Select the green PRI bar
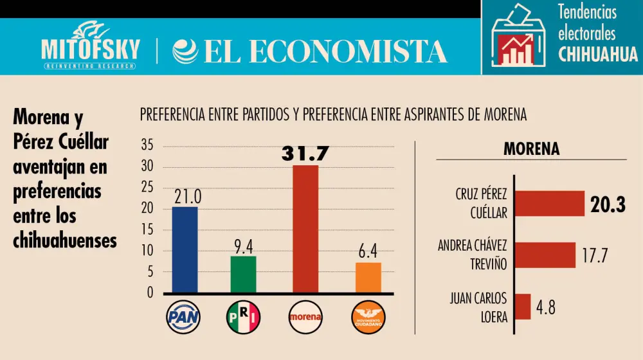point(242,274)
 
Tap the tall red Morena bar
point(305,229)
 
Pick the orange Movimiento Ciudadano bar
point(368,278)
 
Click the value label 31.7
point(305,154)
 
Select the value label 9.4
point(243,246)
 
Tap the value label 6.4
point(368,251)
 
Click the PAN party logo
point(183,316)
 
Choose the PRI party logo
point(243,316)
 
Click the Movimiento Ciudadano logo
point(368,316)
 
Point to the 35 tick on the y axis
point(147,146)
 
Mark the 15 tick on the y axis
point(147,230)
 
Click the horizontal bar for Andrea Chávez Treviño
point(545,255)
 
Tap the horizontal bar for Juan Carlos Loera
point(523,307)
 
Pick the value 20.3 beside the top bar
point(608,204)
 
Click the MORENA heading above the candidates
point(531,149)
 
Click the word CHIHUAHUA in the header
point(598,54)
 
